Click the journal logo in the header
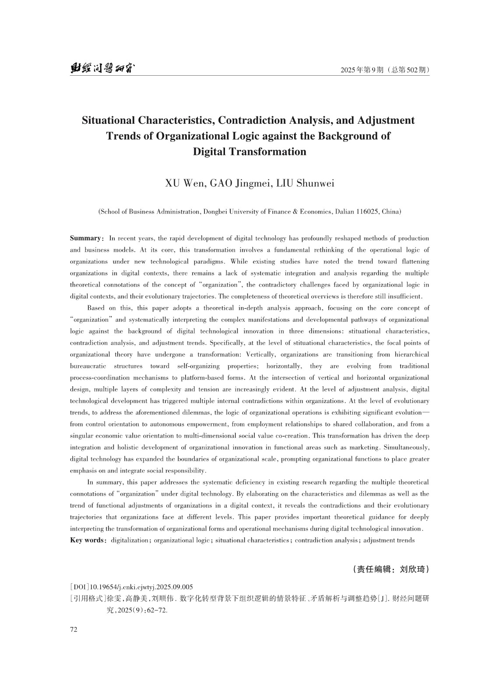(102, 69)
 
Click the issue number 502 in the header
(413, 70)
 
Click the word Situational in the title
(108, 120)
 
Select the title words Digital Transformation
(249, 152)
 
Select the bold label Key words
(87, 540)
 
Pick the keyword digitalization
(130, 540)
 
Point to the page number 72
(74, 630)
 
